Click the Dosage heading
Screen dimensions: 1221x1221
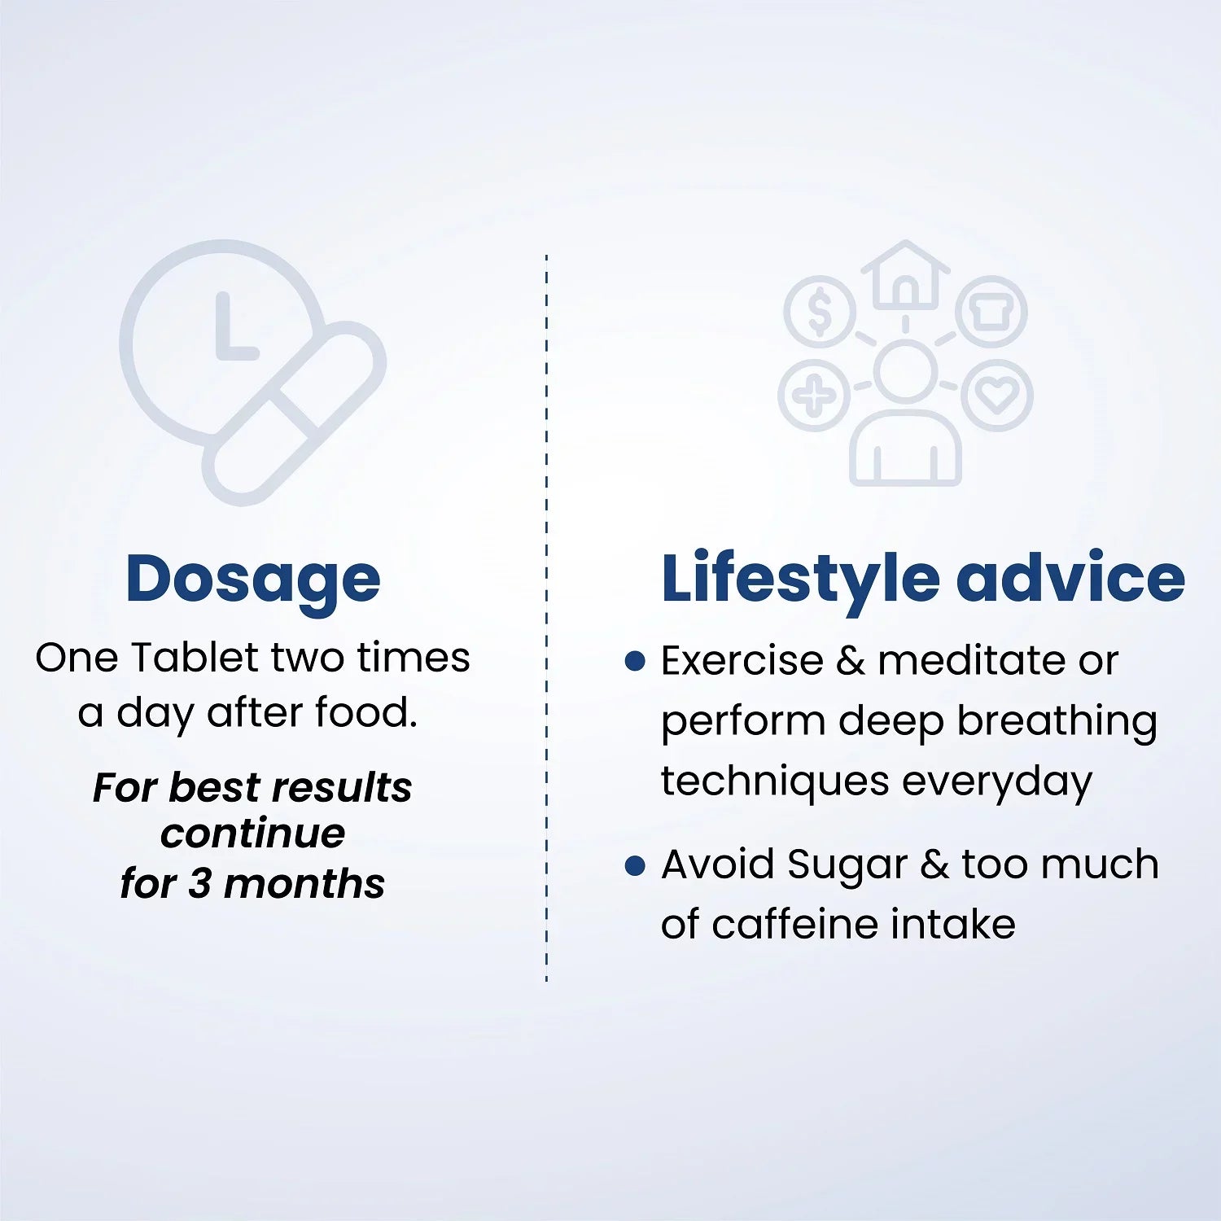[253, 580]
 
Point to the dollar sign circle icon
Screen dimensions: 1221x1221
[820, 312]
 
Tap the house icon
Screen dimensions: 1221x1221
[905, 275]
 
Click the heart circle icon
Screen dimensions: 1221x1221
[997, 396]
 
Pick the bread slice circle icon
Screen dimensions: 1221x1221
[991, 312]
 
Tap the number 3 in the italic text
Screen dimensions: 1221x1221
[200, 884]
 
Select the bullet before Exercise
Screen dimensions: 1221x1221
[635, 660]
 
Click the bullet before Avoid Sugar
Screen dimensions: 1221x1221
[635, 864]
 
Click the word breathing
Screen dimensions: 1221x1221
[1057, 722]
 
